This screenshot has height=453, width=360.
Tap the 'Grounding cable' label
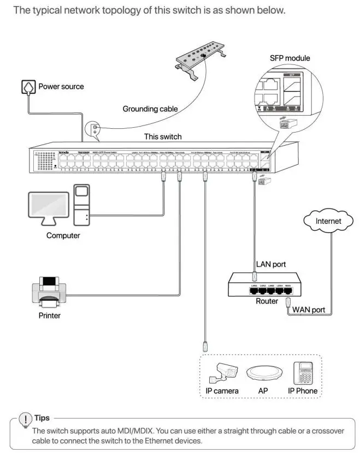[150, 109]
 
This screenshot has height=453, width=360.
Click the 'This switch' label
[163, 136]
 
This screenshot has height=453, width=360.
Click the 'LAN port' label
[271, 264]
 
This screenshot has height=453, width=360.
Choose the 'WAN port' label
[309, 310]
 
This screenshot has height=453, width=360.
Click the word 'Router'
[267, 301]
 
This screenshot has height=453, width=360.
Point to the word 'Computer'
[63, 236]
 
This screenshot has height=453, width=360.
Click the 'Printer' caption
[49, 315]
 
